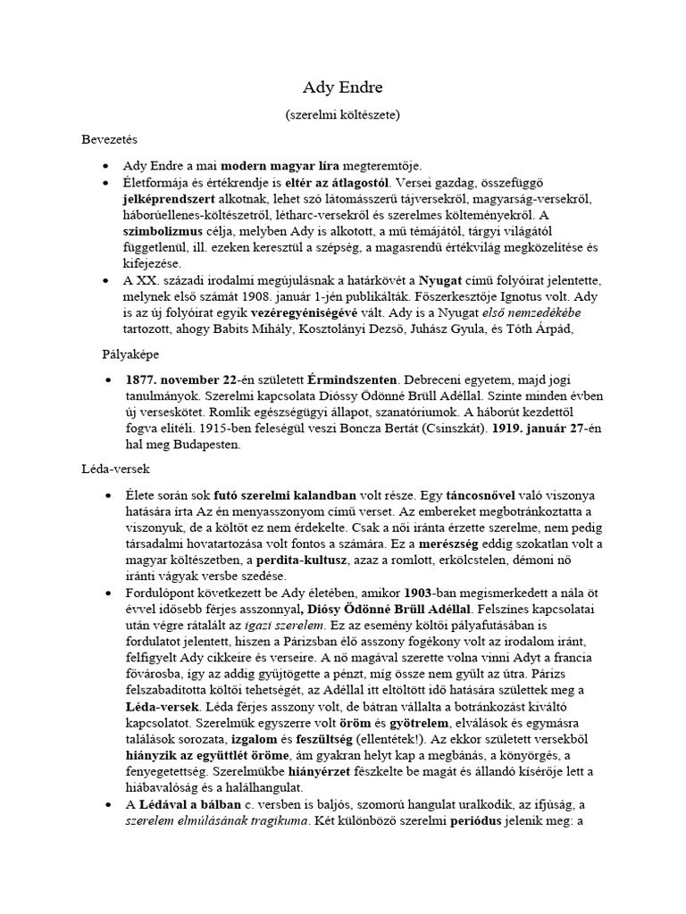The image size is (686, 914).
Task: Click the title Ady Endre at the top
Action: (342, 89)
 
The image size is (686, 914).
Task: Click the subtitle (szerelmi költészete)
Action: (342, 115)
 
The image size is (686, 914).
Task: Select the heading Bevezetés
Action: (106, 140)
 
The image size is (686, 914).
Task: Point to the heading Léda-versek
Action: (111, 467)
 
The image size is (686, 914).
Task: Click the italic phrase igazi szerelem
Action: (271, 626)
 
